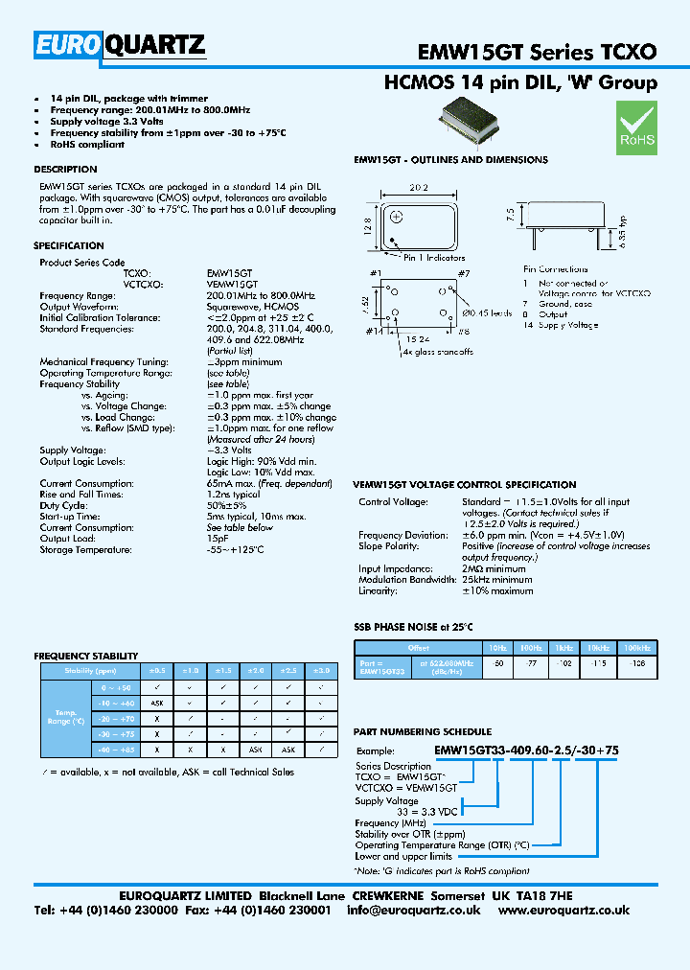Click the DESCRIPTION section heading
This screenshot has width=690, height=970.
pyautogui.click(x=65, y=170)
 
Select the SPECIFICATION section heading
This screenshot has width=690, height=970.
pyautogui.click(x=69, y=246)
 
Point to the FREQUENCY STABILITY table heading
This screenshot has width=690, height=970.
pyautogui.click(x=86, y=657)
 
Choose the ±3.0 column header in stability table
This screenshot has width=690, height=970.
pyautogui.click(x=322, y=671)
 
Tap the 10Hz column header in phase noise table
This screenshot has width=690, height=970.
pyautogui.click(x=497, y=648)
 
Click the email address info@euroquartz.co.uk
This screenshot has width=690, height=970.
pyautogui.click(x=414, y=910)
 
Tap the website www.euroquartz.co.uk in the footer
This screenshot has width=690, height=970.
pyautogui.click(x=563, y=910)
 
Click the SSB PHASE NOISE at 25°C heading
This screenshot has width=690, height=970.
pyautogui.click(x=414, y=627)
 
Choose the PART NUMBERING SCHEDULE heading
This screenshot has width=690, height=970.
pyautogui.click(x=423, y=731)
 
